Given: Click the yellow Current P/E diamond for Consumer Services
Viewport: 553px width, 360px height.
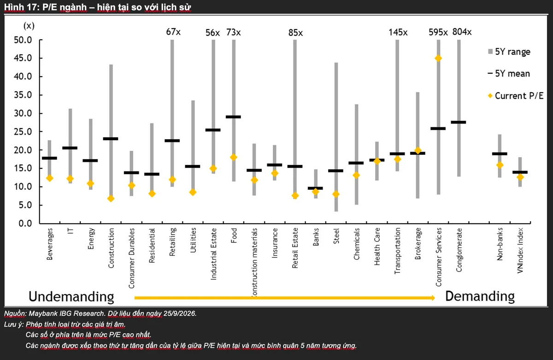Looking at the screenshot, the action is (x=438, y=58).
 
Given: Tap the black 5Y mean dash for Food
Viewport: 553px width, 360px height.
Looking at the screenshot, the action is (x=233, y=117).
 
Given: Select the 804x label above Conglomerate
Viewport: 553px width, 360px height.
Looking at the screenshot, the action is (x=462, y=32).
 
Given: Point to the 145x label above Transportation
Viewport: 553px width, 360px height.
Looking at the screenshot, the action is (x=398, y=32).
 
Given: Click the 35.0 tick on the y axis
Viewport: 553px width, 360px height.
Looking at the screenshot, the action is (x=23, y=95).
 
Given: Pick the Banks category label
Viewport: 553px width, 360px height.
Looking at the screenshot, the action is (x=316, y=237).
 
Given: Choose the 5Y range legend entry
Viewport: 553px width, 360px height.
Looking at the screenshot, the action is (x=509, y=52).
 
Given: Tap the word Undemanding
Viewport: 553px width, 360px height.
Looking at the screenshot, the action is (x=71, y=296).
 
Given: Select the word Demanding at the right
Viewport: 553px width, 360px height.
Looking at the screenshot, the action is (x=480, y=296).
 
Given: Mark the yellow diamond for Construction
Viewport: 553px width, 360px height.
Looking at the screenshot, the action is (x=111, y=199).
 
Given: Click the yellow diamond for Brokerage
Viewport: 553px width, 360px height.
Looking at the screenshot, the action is (x=418, y=150).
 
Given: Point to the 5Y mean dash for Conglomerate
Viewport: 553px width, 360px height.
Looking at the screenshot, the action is (x=459, y=122).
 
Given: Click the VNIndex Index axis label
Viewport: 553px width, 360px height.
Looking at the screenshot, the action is (x=520, y=251).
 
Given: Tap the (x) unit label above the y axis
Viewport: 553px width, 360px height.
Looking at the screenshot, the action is (x=29, y=26).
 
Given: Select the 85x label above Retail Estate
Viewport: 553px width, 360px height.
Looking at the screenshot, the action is (x=295, y=33).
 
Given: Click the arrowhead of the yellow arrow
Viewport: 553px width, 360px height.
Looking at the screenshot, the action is (x=433, y=298).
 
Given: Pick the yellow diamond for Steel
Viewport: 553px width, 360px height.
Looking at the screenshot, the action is (x=336, y=195).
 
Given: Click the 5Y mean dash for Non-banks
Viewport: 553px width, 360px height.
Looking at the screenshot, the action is (x=500, y=153).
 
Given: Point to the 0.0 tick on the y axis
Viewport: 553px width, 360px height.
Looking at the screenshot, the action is (x=25, y=224).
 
